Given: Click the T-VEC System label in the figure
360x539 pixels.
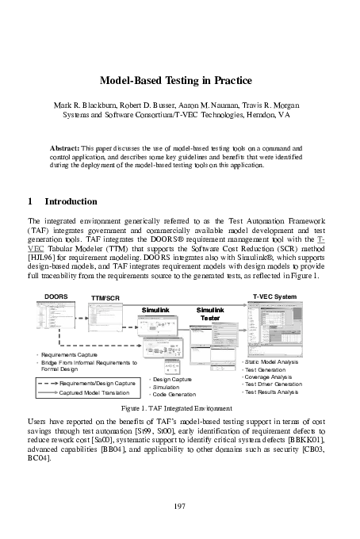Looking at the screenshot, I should tap(274, 296).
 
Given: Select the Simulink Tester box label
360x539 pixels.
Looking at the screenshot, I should tap(210, 313).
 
